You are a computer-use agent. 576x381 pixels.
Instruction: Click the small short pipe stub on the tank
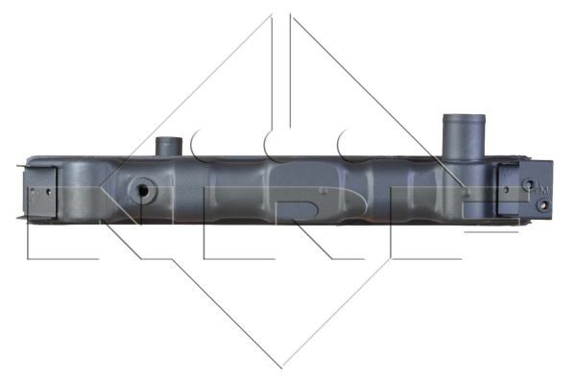[x=169, y=147]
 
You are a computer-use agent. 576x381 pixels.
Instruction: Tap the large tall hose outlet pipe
[x=464, y=138]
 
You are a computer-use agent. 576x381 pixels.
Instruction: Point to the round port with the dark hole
[x=142, y=190]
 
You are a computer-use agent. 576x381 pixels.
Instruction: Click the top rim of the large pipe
[x=464, y=117]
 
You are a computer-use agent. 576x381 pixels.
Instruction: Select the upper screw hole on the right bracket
[x=528, y=184]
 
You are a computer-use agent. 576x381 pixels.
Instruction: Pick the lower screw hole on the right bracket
[x=543, y=204]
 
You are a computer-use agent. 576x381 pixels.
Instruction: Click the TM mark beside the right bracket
[x=542, y=190]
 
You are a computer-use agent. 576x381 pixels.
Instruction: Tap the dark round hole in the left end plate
[x=49, y=191]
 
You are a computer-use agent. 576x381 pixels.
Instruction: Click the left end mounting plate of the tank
[x=40, y=192]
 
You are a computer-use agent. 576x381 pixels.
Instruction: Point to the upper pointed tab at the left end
[x=21, y=167]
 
